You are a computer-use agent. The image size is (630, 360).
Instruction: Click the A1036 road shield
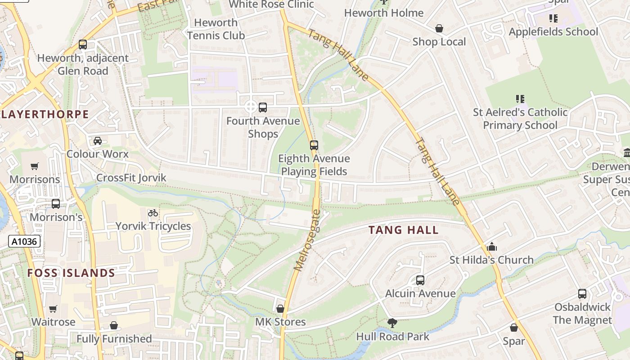click(24, 242)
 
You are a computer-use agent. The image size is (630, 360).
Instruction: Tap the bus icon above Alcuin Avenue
click(420, 280)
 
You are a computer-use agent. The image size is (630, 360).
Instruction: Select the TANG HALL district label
click(403, 230)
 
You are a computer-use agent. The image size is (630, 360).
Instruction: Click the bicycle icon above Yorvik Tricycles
click(153, 213)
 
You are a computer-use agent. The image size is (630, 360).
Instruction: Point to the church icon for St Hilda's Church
click(492, 247)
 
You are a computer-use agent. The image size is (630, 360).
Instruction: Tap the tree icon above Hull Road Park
click(392, 323)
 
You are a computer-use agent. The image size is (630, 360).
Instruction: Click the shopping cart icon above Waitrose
click(53, 309)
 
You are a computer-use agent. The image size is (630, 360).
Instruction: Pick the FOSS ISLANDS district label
click(71, 273)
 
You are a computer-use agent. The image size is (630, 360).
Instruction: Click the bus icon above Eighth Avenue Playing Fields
click(314, 145)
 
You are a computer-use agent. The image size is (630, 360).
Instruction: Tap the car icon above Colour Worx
click(97, 141)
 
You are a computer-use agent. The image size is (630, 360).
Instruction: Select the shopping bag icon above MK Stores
click(280, 309)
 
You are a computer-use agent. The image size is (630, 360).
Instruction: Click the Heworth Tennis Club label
click(216, 29)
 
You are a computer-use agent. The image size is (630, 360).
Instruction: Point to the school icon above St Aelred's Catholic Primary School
click(520, 99)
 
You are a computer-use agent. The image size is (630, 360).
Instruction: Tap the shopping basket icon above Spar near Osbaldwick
click(514, 328)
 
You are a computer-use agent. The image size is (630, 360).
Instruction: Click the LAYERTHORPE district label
click(45, 114)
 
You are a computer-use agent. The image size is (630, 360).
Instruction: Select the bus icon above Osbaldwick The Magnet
click(582, 294)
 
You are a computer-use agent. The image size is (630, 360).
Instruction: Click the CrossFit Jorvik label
click(131, 178)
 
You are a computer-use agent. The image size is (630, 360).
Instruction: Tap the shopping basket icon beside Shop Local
click(439, 29)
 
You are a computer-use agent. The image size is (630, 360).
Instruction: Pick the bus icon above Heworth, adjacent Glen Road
click(83, 45)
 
